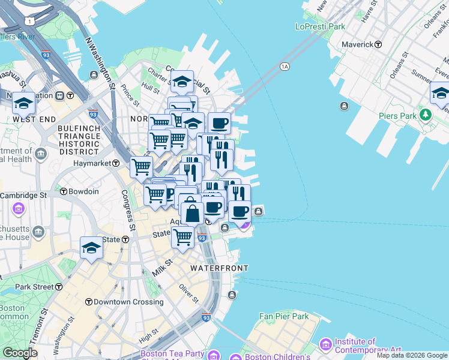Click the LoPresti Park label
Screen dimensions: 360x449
pos(320,26)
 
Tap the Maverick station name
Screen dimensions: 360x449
pos(358,44)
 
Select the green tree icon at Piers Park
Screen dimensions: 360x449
pos(426,114)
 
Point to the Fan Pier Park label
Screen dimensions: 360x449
pos(283,316)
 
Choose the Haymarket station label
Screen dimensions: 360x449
pos(92,163)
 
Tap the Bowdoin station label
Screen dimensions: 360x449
pos(83,191)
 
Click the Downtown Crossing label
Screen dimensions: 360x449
pos(124,301)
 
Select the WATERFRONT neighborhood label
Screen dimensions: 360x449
pos(218,268)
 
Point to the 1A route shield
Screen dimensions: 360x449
pos(285,67)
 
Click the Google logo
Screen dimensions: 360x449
pos(20,353)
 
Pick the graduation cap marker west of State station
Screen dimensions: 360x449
pos(91,247)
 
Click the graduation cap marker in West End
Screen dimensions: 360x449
pos(24,103)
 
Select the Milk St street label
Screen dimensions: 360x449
pos(162,267)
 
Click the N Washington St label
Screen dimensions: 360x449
pos(100,62)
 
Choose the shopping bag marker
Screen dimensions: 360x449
pos(191,213)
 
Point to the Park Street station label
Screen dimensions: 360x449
pos(35,287)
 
